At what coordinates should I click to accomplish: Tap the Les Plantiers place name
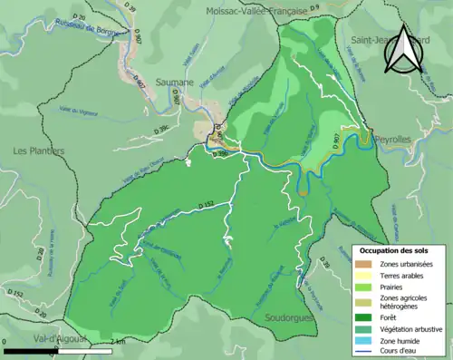click(x=39, y=151)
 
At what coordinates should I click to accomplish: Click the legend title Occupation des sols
click(x=394, y=249)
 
